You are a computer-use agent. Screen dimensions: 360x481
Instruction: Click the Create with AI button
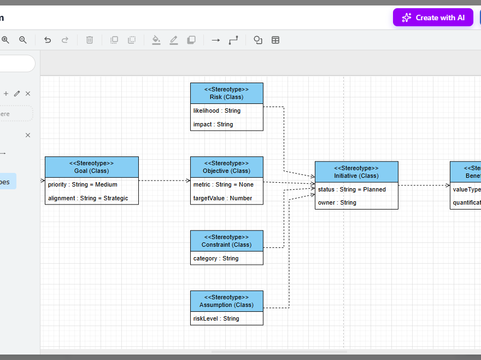click(433, 18)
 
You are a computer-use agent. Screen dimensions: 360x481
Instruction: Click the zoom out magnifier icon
click(23, 40)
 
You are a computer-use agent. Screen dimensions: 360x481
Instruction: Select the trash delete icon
click(90, 40)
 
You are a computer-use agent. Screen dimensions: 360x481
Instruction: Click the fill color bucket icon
click(156, 40)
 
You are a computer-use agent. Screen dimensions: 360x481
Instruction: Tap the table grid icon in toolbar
click(275, 40)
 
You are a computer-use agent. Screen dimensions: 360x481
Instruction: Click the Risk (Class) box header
click(226, 93)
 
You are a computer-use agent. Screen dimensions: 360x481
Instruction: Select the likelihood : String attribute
click(217, 111)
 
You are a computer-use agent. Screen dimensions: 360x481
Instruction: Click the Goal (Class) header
click(91, 167)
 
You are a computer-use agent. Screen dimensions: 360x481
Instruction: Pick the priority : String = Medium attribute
click(83, 184)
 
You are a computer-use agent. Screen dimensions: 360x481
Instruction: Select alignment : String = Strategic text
click(88, 198)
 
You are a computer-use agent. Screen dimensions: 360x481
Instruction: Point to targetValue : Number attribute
click(222, 198)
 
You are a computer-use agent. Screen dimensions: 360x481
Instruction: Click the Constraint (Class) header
click(226, 241)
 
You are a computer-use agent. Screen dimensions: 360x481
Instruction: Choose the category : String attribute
click(216, 258)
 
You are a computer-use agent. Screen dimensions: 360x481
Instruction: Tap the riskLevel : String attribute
click(216, 318)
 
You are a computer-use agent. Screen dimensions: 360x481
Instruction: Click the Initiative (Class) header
click(356, 172)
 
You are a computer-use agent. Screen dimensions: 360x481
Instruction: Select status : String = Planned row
click(352, 189)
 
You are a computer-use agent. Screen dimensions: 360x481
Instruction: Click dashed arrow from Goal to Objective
click(164, 180)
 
